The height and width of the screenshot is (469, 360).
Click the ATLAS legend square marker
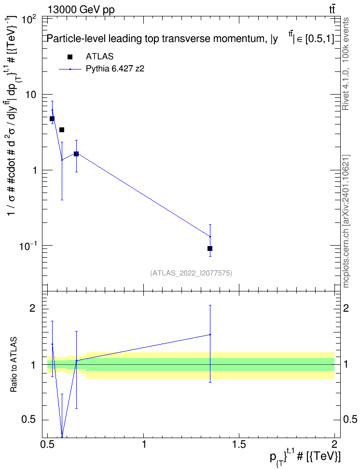(70, 57)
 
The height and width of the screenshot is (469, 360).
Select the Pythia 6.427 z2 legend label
(115, 69)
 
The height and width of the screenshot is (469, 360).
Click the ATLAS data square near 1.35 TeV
(210, 248)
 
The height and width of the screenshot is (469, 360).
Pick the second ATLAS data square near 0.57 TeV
(62, 130)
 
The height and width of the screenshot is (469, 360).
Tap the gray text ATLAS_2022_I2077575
(191, 273)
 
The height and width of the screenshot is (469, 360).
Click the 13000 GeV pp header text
(81, 10)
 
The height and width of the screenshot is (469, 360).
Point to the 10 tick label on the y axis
(30, 95)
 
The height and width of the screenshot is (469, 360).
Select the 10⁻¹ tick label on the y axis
(27, 246)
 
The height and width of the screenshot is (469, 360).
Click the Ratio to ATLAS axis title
(14, 365)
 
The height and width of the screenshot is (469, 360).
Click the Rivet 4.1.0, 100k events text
(346, 64)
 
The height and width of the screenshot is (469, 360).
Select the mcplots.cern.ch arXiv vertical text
(346, 221)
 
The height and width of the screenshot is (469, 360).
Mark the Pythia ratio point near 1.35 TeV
(210, 335)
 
